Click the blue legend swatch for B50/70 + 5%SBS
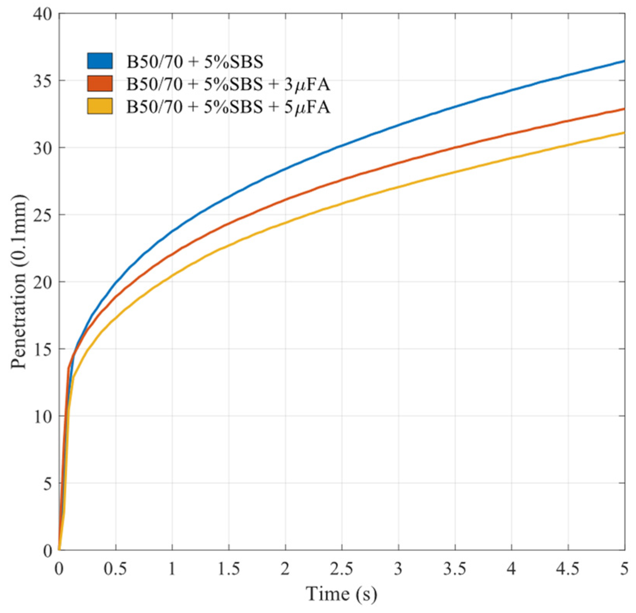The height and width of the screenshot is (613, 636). (x=100, y=61)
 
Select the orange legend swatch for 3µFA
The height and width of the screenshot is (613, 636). (x=100, y=84)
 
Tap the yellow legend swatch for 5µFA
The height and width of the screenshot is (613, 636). (x=100, y=106)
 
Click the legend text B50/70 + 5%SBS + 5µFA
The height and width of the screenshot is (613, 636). (x=228, y=107)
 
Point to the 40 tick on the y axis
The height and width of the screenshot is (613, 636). (x=42, y=14)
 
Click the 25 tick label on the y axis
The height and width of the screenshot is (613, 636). (x=42, y=215)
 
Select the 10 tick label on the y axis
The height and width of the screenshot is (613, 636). (x=42, y=416)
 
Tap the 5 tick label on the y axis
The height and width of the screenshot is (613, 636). (x=47, y=483)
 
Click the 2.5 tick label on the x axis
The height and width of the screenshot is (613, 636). (x=342, y=569)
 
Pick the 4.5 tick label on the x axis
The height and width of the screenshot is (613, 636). (x=568, y=569)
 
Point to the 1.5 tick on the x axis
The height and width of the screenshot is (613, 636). (x=229, y=569)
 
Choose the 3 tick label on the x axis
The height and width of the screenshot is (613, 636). (x=398, y=569)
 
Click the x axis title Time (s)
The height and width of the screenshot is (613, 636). (x=341, y=594)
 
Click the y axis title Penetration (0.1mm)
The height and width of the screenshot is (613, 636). (x=19, y=282)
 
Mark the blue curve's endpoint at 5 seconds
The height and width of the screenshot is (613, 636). (x=624, y=61)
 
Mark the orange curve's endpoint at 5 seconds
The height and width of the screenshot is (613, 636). (x=624, y=109)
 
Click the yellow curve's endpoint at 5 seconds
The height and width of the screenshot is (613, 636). (x=624, y=133)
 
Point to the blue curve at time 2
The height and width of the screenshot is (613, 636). (x=285, y=168)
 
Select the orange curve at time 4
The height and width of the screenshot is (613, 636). (x=511, y=133)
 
